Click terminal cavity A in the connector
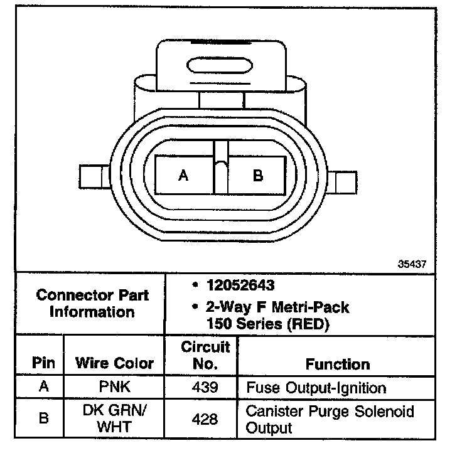pos(183,175)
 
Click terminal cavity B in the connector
pos(257,175)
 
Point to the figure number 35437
pos(412,264)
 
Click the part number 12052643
pos(240,286)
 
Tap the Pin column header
pos(43,363)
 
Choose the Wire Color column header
pos(114,363)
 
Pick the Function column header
pos(338,364)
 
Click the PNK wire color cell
pos(114,386)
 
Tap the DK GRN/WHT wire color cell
pos(114,419)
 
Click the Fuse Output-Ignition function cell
pos(316,387)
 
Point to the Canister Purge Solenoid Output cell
pos(330,420)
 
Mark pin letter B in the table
pos(43,418)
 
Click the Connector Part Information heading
pos(92,303)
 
